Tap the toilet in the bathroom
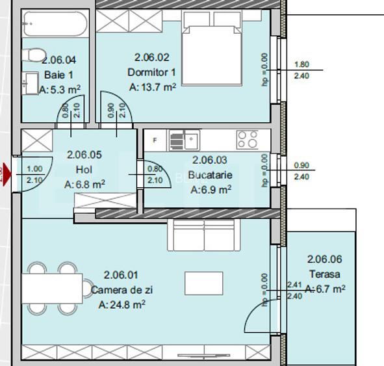point(34,55)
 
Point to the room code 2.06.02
point(151,57)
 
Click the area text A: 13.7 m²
point(153,86)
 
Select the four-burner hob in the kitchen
point(248,139)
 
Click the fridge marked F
point(155,139)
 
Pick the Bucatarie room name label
point(210,175)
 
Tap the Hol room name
point(84,170)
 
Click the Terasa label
point(325,274)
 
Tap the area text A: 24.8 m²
point(122,304)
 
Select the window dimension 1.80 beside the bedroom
point(301,64)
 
